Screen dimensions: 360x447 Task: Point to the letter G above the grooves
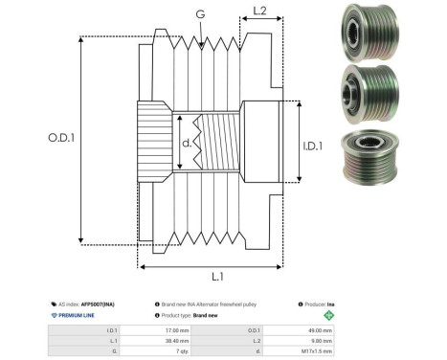coord(199,14)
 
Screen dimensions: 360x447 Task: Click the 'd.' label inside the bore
coord(188,145)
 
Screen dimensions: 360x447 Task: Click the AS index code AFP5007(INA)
coord(100,303)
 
